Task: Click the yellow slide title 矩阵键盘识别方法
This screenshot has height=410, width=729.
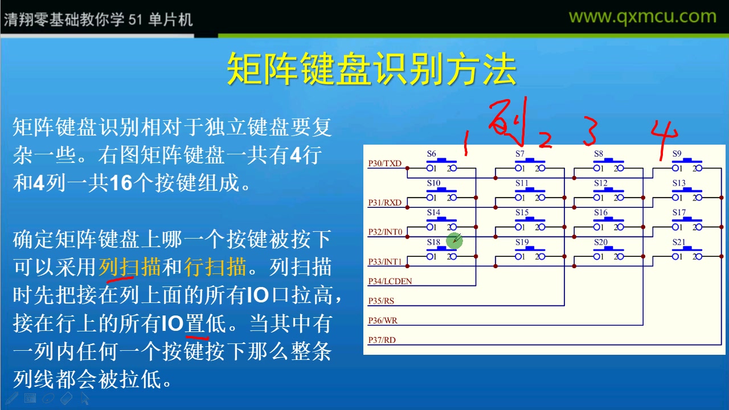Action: [x=371, y=69]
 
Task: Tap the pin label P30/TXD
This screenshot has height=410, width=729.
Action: [x=385, y=164]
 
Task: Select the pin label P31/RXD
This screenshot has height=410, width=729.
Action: [x=385, y=203]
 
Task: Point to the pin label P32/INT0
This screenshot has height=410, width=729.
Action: [x=386, y=232]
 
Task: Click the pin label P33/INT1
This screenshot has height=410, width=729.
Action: [x=386, y=262]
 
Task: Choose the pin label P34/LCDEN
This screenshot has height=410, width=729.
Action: [x=390, y=281]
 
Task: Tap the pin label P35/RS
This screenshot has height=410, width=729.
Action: [x=382, y=301]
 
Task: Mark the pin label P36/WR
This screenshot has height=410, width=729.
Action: [x=383, y=321]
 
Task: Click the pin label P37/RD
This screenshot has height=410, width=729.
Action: [x=382, y=340]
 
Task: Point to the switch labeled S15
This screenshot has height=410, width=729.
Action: [x=530, y=223]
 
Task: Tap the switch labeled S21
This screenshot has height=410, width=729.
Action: [x=687, y=253]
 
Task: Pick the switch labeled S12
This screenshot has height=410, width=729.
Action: [x=608, y=194]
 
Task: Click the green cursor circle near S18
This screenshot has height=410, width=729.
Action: [x=454, y=241]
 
